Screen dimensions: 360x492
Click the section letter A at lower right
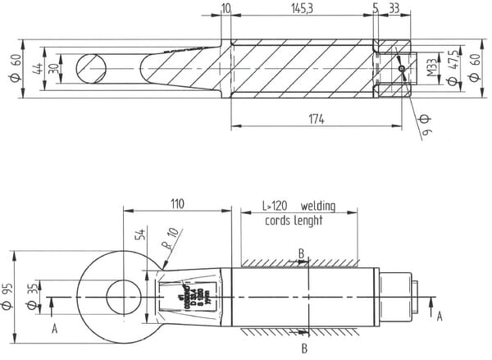tap(440, 314)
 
